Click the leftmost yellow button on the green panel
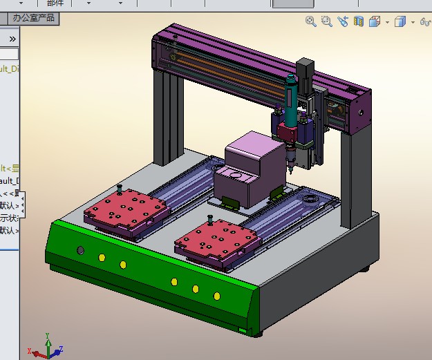click(x=102, y=258)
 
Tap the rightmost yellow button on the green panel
click(x=217, y=296)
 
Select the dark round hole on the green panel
click(x=80, y=249)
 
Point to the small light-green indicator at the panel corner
click(x=243, y=332)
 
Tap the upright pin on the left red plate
click(x=120, y=188)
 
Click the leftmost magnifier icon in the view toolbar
click(x=311, y=22)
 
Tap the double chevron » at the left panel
click(x=12, y=39)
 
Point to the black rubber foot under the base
click(x=365, y=268)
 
